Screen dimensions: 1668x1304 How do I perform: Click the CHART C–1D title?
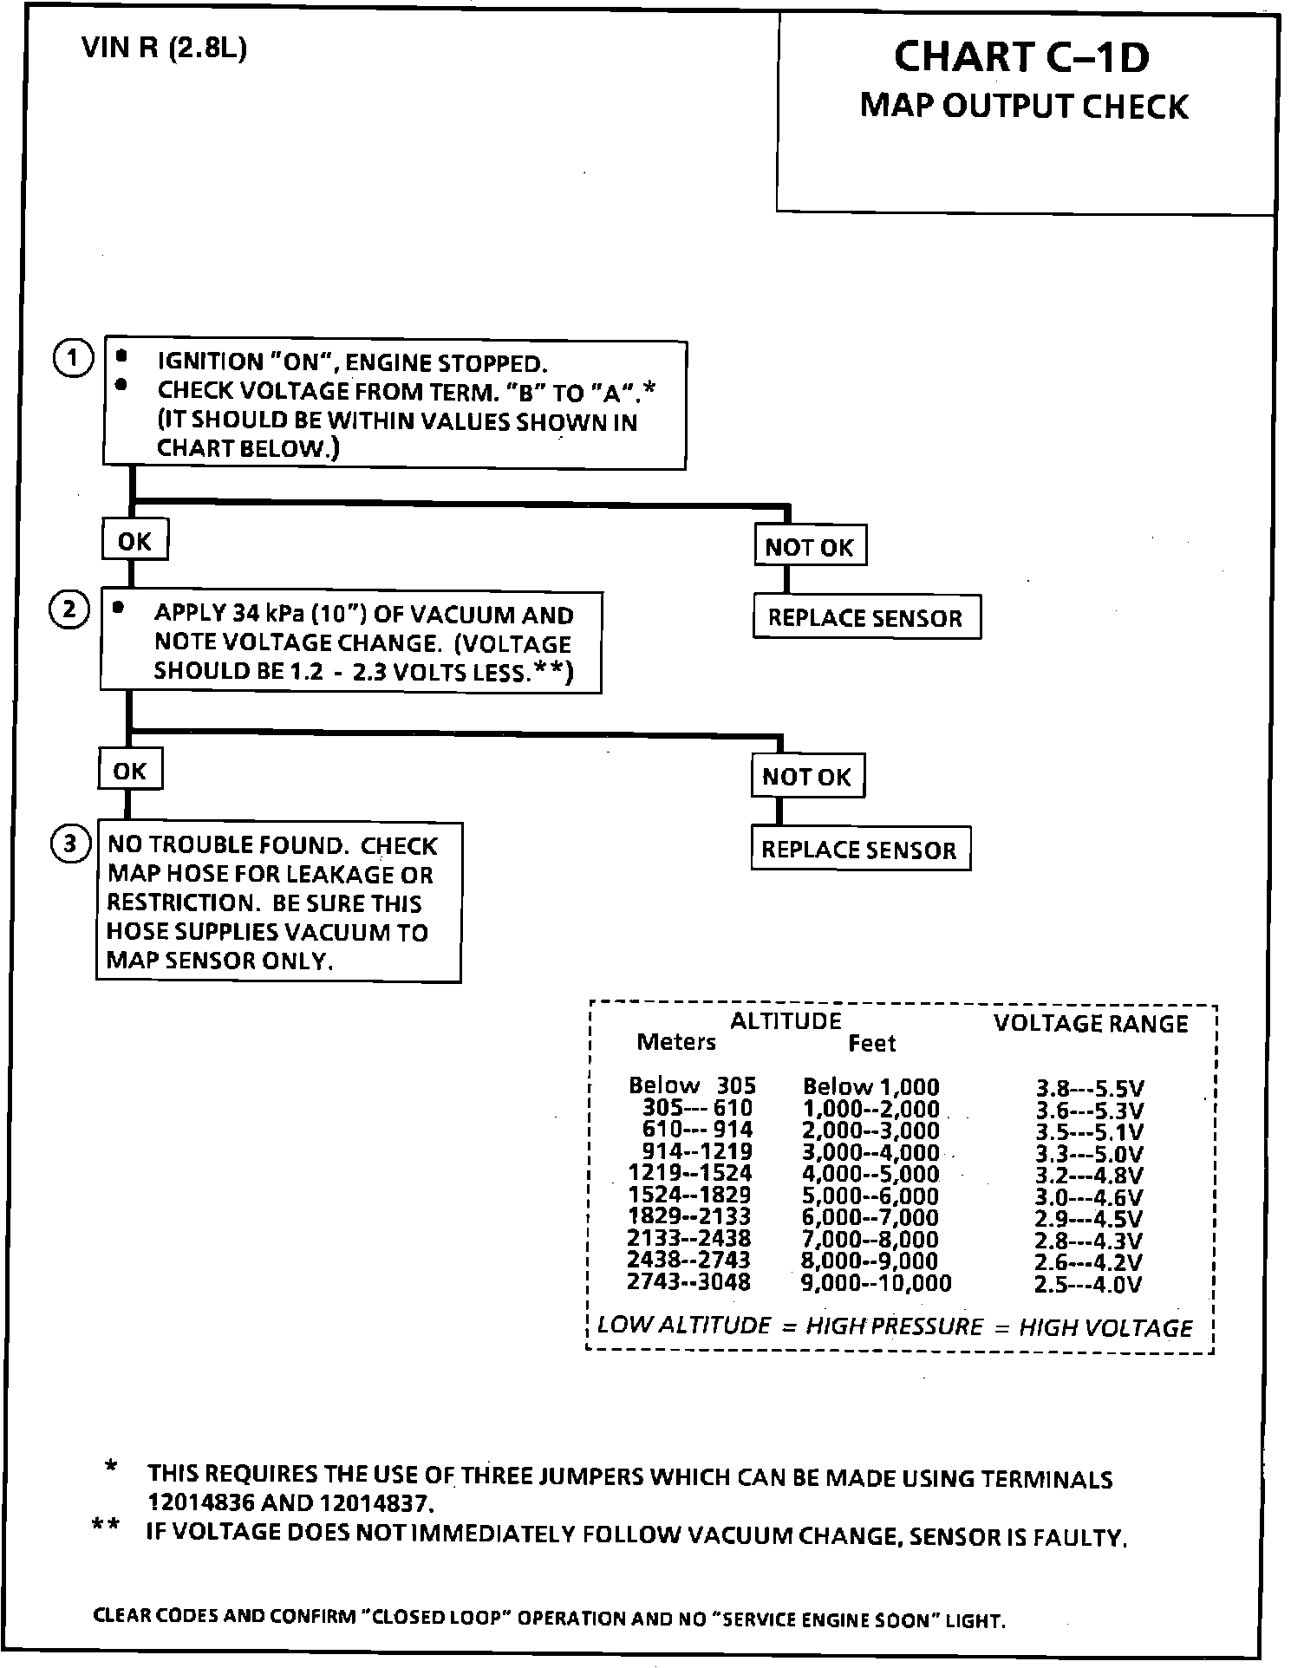pyautogui.click(x=1021, y=57)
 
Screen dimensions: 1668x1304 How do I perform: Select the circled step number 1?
pyautogui.click(x=74, y=359)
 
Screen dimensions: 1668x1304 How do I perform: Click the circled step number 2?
pyautogui.click(x=69, y=610)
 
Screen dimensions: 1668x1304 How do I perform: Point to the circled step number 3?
pyautogui.click(x=70, y=844)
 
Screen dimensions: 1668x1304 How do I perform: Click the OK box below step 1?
pyautogui.click(x=134, y=541)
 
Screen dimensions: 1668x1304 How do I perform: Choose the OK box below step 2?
pyautogui.click(x=130, y=771)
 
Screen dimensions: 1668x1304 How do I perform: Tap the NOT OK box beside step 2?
pyautogui.click(x=807, y=776)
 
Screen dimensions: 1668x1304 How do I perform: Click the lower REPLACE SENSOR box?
pyautogui.click(x=859, y=850)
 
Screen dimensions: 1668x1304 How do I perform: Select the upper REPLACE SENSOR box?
pyautogui.click(x=865, y=618)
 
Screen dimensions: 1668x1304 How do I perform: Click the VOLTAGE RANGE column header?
pyautogui.click(x=1091, y=1024)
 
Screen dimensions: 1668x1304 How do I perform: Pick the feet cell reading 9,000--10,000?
pyautogui.click(x=876, y=1283)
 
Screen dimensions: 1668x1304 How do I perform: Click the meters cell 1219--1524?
pyautogui.click(x=690, y=1174)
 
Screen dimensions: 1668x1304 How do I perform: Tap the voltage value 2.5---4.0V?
pyautogui.click(x=1088, y=1284)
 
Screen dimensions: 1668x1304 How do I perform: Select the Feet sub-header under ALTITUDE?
pyautogui.click(x=871, y=1044)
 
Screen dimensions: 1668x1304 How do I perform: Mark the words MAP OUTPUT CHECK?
pyautogui.click(x=1024, y=106)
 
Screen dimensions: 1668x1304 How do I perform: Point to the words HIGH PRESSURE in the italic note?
pyautogui.click(x=895, y=1327)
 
